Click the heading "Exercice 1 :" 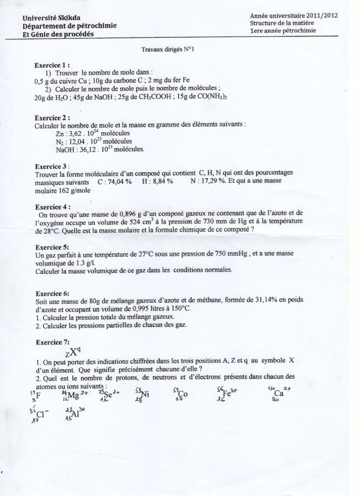click(x=51, y=66)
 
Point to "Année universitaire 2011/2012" click(x=294, y=16)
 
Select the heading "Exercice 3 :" click(x=51, y=167)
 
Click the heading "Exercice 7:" click(x=51, y=342)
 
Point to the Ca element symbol click(x=279, y=393)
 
